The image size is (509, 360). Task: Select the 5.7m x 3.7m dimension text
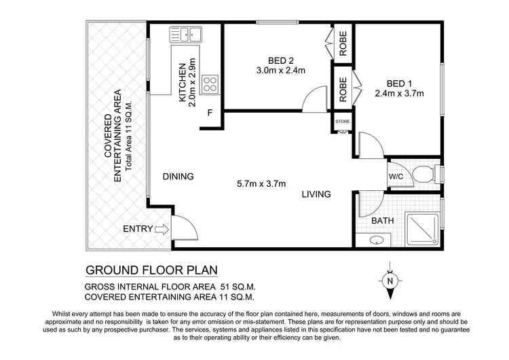261,183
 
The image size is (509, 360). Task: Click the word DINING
178,177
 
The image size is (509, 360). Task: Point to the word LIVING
316,194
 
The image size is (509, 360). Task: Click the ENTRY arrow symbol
162,229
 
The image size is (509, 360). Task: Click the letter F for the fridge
210,113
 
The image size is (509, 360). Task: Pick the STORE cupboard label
343,122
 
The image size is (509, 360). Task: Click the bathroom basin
377,240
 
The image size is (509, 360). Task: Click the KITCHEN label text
182,83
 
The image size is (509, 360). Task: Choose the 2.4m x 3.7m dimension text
399,94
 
